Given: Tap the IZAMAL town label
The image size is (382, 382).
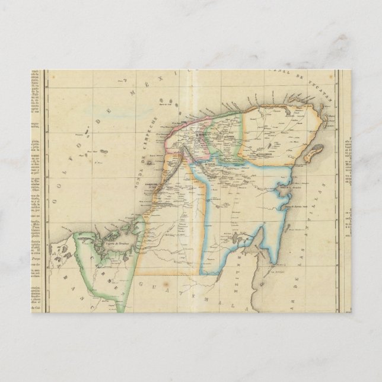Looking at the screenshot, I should pyautogui.click(x=227, y=136).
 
